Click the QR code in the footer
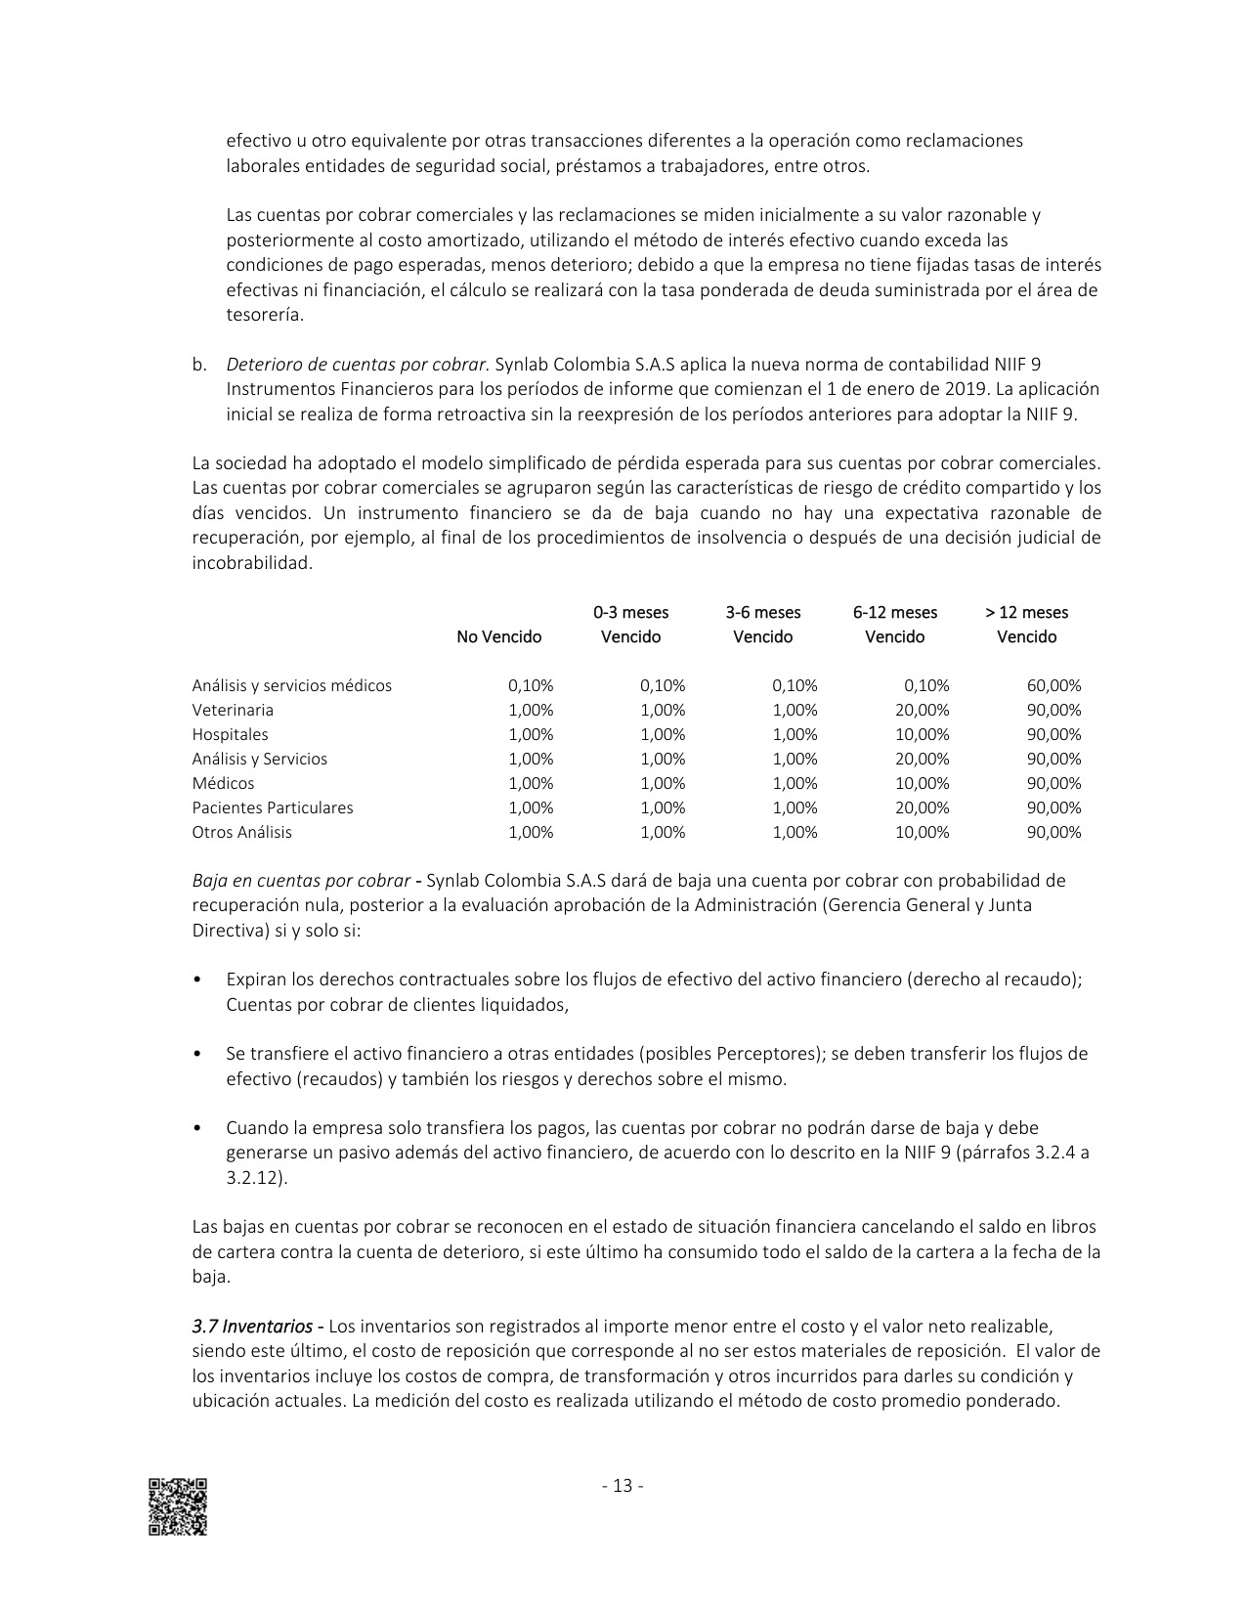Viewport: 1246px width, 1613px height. pyautogui.click(x=178, y=1506)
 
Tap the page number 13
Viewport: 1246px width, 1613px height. pyautogui.click(x=623, y=1487)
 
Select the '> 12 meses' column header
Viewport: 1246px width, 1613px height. pyautogui.click(x=1026, y=613)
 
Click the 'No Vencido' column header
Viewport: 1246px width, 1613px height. pyautogui.click(x=498, y=637)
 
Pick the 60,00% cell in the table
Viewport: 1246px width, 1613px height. pyautogui.click(x=1054, y=686)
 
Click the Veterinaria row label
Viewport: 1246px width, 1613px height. pyautogui.click(x=233, y=711)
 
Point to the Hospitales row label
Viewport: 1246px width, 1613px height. pyautogui.click(x=230, y=735)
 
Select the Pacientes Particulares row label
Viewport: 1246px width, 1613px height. pyautogui.click(x=273, y=808)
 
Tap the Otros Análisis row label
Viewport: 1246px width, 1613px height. pyautogui.click(x=241, y=833)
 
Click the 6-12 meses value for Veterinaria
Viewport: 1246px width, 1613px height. pyautogui.click(x=922, y=711)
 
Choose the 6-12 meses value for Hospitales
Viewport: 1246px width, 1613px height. pyautogui.click(x=922, y=735)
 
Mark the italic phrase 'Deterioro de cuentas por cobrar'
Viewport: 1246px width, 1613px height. pyautogui.click(x=357, y=365)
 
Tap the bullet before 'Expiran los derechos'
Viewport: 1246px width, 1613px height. pyautogui.click(x=197, y=981)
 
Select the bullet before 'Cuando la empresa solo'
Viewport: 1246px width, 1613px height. pyautogui.click(x=197, y=1128)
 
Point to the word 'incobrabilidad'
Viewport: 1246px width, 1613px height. pyautogui.click(x=252, y=563)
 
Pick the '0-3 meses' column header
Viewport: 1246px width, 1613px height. pyautogui.click(x=630, y=613)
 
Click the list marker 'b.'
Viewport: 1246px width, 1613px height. pyautogui.click(x=199, y=365)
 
